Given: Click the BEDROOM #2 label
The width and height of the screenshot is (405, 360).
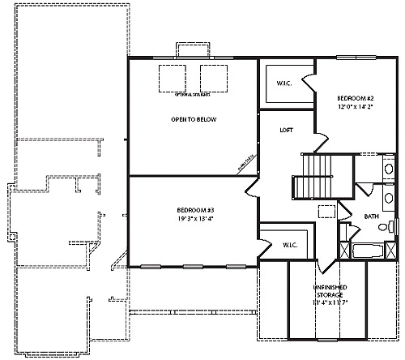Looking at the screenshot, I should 354,97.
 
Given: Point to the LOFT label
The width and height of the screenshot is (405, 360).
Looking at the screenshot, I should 286,129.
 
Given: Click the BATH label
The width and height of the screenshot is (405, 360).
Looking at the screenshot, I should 371,216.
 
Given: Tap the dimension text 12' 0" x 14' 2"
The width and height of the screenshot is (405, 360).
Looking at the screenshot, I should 354,106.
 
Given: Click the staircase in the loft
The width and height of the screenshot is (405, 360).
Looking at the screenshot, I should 313,177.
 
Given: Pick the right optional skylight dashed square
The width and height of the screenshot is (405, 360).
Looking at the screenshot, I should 215,77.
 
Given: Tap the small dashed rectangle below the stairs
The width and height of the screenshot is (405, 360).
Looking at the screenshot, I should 326,211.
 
